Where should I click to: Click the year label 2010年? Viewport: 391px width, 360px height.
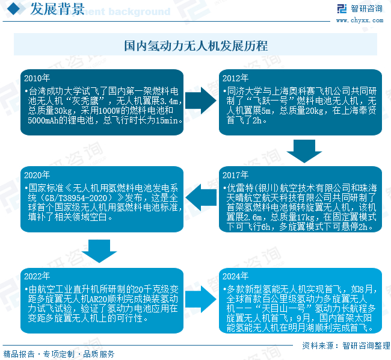pos(37,78)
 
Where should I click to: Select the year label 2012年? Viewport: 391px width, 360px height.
pos(235,78)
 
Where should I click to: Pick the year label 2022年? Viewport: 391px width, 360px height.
pos(37,276)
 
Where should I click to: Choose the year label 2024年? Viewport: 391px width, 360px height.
pos(235,276)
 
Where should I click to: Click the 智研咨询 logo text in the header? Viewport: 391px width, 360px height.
pos(366,8)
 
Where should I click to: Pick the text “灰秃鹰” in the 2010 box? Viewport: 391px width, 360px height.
pos(85,101)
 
